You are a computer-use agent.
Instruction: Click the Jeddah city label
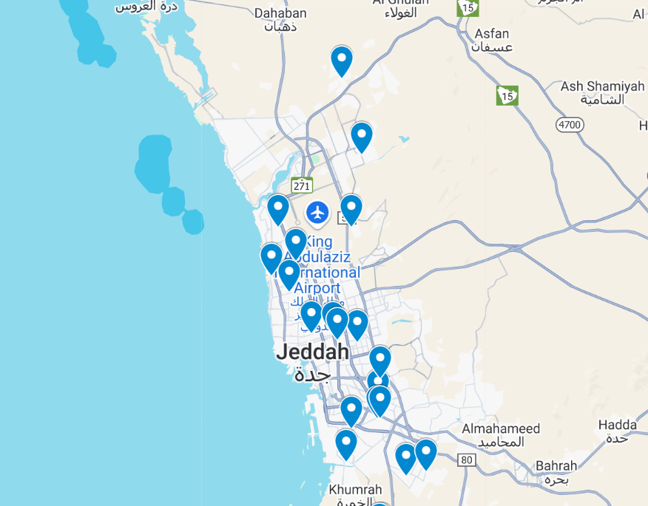[312, 352]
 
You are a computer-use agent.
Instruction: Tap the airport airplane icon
[318, 213]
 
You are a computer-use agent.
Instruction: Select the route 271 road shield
[301, 185]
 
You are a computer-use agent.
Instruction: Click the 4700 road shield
[570, 125]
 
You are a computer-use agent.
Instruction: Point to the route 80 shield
[466, 460]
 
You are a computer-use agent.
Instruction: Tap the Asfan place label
[492, 34]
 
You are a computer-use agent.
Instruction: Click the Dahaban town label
[280, 13]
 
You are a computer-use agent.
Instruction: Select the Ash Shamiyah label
[602, 86]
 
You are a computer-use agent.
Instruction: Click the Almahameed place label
[501, 428]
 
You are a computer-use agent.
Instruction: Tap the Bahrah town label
[556, 466]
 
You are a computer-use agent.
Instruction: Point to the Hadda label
[617, 425]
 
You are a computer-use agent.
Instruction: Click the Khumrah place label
[355, 490]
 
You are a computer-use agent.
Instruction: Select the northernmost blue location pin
[341, 61]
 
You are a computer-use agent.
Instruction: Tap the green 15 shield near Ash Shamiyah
[507, 95]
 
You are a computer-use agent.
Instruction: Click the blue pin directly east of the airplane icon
[351, 208]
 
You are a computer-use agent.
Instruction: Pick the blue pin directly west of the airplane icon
[278, 208]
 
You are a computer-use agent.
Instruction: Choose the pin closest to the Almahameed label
[426, 453]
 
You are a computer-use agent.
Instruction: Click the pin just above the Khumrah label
[346, 444]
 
